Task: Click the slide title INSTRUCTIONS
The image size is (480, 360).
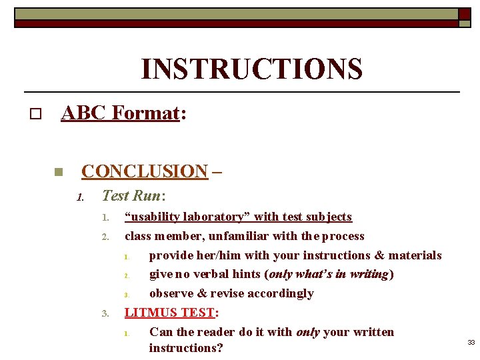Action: pos(251,69)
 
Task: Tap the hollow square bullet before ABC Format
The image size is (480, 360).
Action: pos(35,115)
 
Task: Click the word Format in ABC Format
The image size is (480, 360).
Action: pos(146,113)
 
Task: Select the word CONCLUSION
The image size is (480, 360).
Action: pos(145,171)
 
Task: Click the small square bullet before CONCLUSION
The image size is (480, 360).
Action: pos(58,172)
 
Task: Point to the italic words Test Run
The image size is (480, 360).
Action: pos(131,195)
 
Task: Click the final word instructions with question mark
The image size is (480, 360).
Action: pos(186,348)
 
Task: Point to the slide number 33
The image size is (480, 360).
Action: pos(471,342)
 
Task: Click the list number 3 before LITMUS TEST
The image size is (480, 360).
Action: pos(105,313)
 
